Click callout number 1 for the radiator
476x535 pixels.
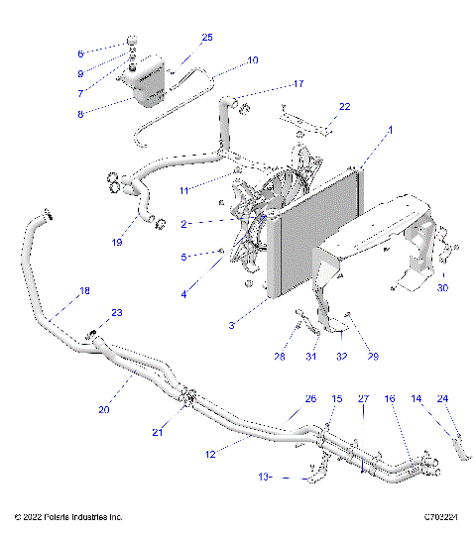[363, 130]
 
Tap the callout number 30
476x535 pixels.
[443, 288]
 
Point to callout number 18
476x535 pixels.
[84, 291]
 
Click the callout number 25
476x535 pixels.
[207, 38]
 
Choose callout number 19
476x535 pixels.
[118, 242]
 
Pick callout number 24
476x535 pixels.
[443, 399]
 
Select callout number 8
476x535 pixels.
[80, 113]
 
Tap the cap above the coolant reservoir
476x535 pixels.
[130, 42]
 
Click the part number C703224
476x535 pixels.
[440, 517]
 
